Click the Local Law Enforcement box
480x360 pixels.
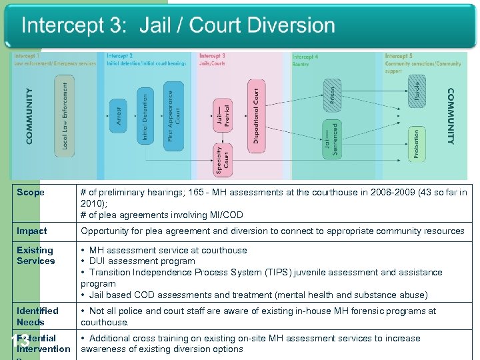65,116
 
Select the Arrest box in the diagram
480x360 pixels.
119,115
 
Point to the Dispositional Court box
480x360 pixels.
257,115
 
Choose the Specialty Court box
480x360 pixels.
223,160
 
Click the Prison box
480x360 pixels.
332,93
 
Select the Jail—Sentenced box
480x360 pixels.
331,138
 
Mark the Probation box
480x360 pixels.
417,144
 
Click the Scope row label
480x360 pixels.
31,193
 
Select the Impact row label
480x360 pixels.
32,231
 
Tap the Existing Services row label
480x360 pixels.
35,255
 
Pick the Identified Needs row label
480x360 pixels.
37,316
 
